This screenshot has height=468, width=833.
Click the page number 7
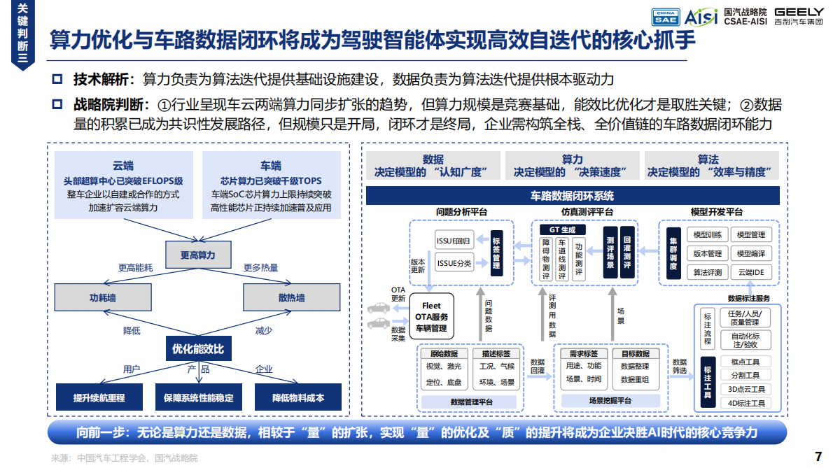pyautogui.click(x=818, y=457)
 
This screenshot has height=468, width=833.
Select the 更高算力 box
pyautogui.click(x=198, y=255)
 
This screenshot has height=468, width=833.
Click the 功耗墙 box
pyautogui.click(x=102, y=297)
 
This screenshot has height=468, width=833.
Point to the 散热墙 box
pyautogui.click(x=291, y=297)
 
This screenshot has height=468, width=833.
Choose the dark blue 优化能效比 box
pyautogui.click(x=198, y=348)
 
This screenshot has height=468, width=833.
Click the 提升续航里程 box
pyautogui.click(x=99, y=397)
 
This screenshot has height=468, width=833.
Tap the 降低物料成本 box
pyautogui.click(x=298, y=397)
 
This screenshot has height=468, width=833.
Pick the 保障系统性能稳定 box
pyautogui.click(x=198, y=397)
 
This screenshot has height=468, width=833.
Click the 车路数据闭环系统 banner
pyautogui.click(x=573, y=196)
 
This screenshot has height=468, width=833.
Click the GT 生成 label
pyautogui.click(x=562, y=229)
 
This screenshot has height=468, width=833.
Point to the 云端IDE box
pyautogui.click(x=751, y=272)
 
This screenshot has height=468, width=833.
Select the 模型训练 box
pyautogui.click(x=707, y=234)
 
